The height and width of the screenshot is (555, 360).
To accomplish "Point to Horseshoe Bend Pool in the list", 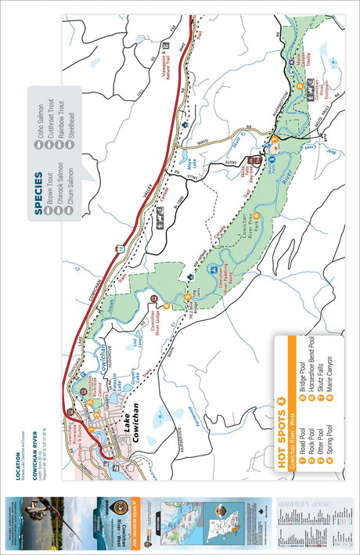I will click(x=309, y=366).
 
